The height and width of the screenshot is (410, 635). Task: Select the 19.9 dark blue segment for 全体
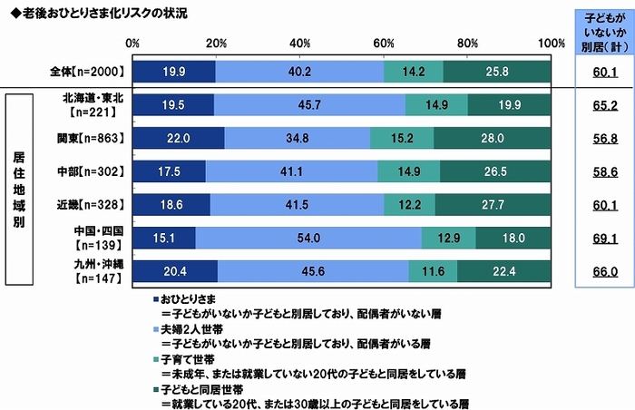[173, 70]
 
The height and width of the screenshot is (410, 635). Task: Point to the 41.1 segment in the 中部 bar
[292, 171]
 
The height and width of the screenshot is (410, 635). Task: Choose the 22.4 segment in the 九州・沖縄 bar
[504, 273]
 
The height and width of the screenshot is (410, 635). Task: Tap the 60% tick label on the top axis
[384, 43]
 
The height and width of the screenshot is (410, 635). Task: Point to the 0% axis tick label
[132, 43]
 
